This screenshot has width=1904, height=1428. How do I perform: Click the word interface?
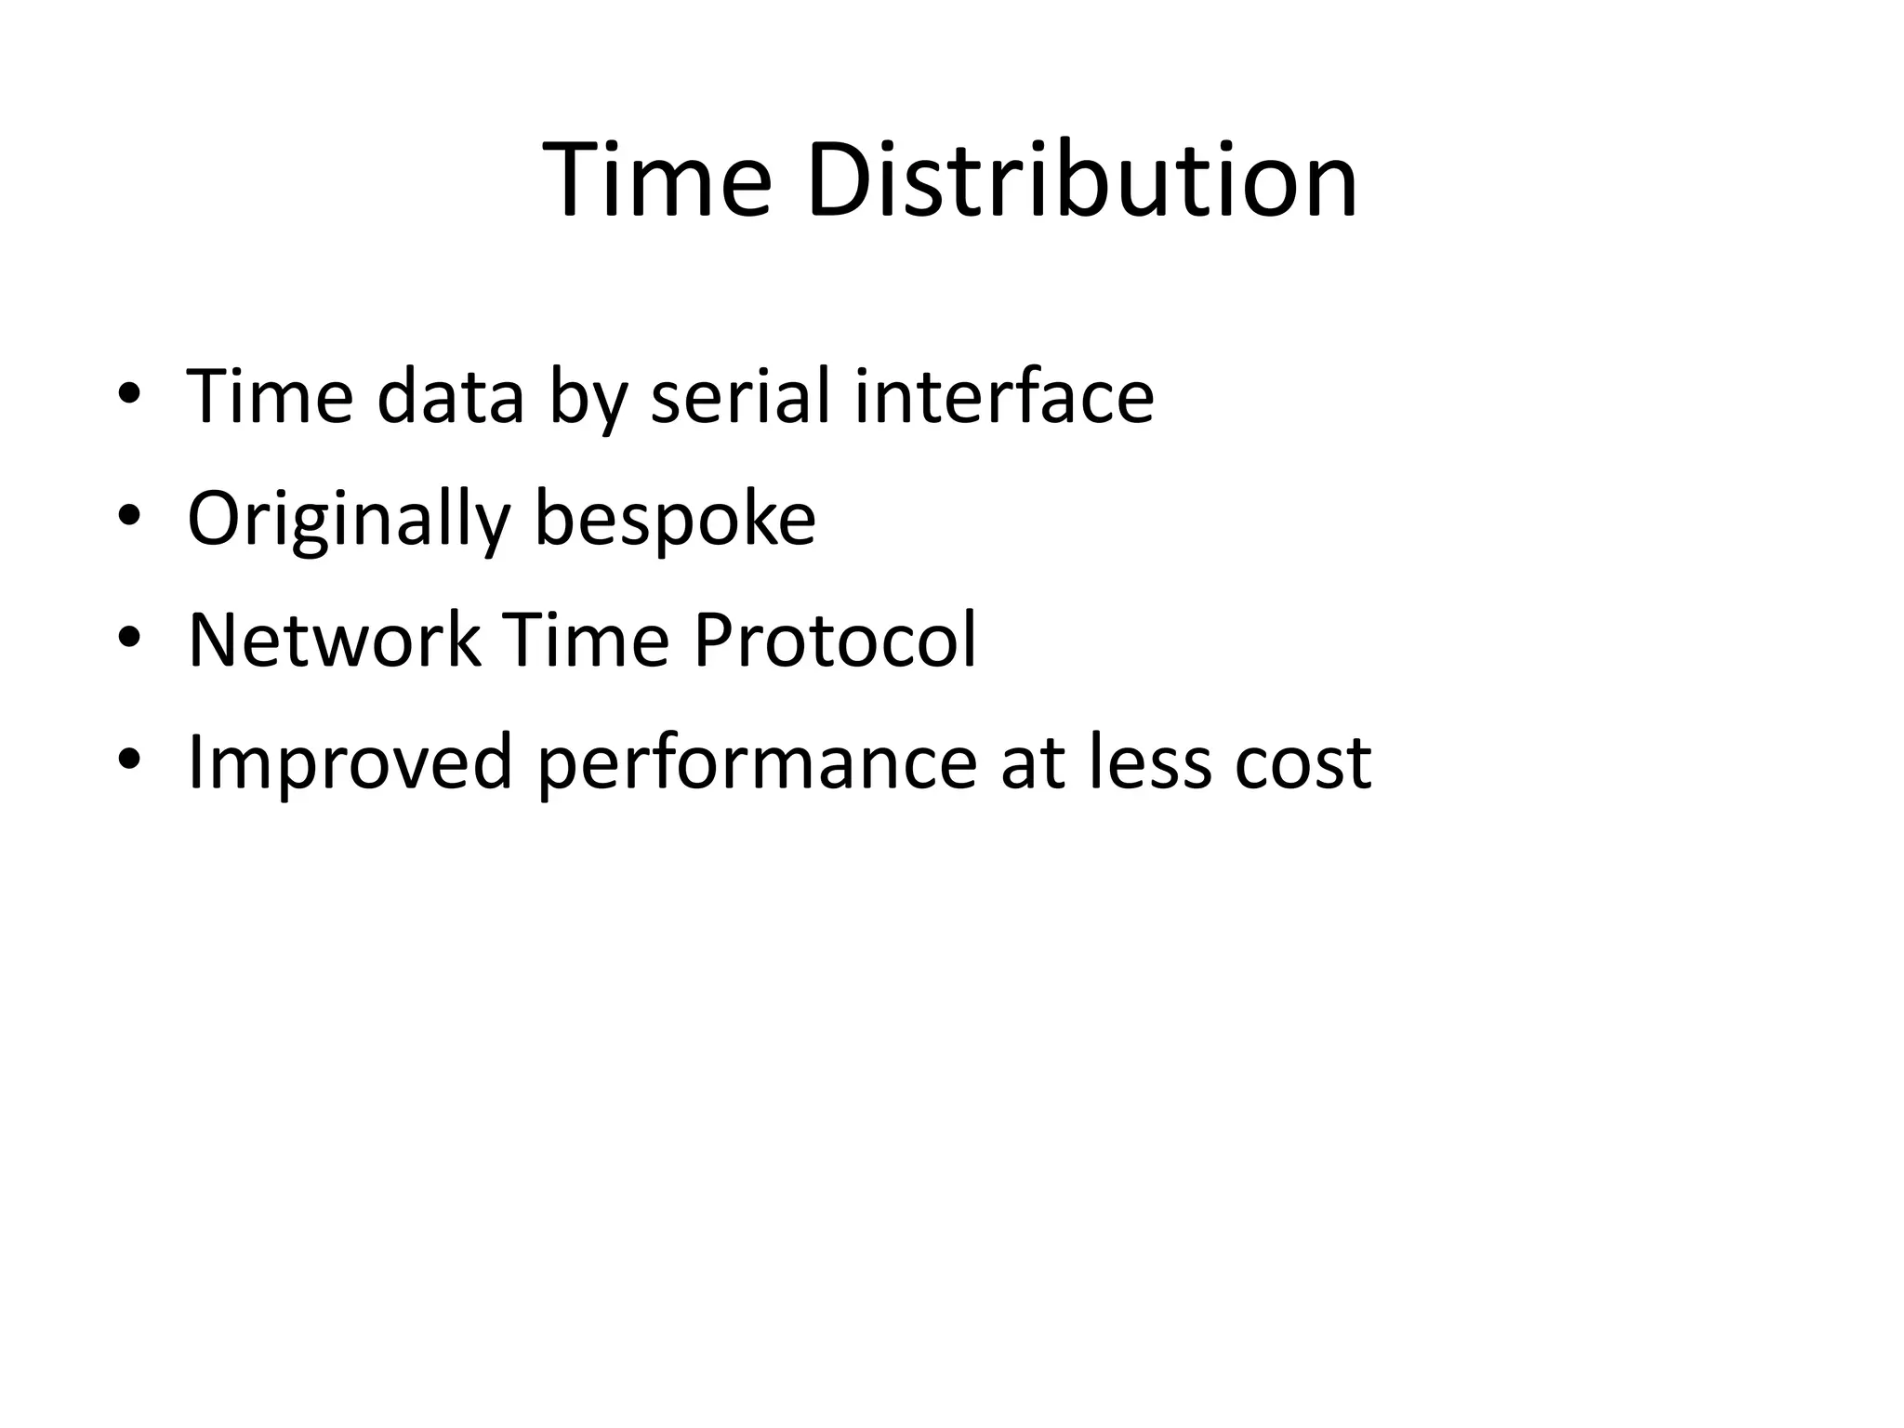point(1004,397)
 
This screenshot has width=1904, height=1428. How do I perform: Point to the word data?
point(451,397)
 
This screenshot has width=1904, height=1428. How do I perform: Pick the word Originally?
point(349,519)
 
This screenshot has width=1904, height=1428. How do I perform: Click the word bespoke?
point(675,519)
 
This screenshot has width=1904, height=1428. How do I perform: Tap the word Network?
point(334,641)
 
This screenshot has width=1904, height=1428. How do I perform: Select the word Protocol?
point(835,641)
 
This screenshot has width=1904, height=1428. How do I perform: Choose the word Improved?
point(350,762)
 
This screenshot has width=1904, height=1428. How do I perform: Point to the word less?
point(1151,762)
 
